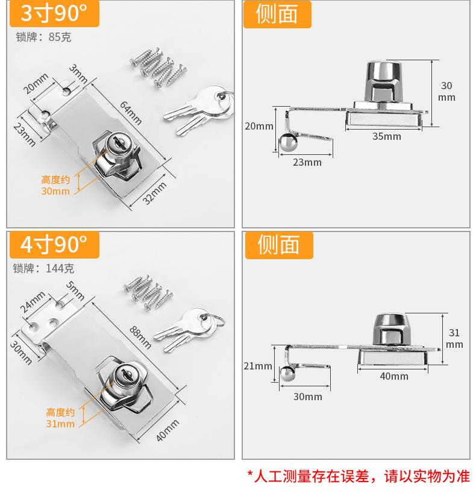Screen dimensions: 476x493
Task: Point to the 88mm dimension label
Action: click(x=141, y=337)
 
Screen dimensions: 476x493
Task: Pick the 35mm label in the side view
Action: click(x=386, y=136)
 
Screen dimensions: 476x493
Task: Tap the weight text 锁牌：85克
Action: click(x=43, y=37)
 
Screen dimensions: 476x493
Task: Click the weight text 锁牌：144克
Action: click(x=45, y=268)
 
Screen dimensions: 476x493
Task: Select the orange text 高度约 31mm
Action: click(x=60, y=418)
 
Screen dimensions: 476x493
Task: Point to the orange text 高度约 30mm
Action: click(x=55, y=186)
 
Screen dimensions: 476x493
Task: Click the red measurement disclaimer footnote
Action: click(x=358, y=476)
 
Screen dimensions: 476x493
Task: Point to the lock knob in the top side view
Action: click(x=386, y=81)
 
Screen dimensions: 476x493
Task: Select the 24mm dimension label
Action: click(x=33, y=301)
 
